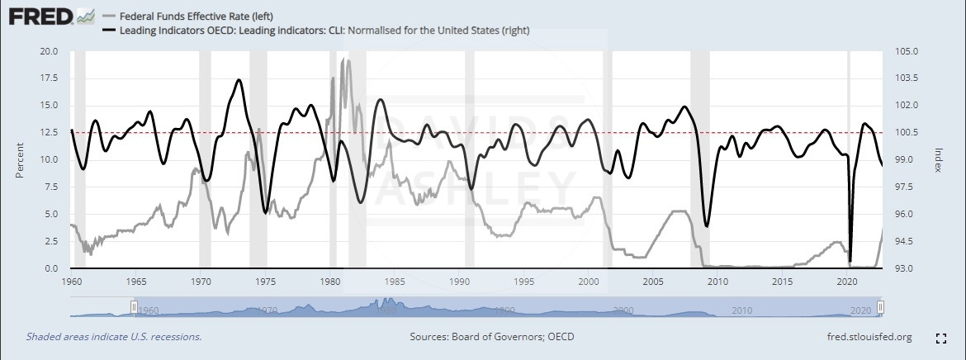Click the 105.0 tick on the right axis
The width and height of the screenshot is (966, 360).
tap(906, 51)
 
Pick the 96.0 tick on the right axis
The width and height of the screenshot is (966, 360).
tap(906, 215)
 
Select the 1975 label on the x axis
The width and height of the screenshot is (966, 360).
tap(266, 282)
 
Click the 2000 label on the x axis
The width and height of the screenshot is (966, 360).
tap(589, 282)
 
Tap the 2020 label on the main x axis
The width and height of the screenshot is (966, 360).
tap(847, 282)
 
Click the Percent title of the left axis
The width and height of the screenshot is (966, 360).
tap(20, 159)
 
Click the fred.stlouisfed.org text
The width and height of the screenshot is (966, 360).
tap(869, 337)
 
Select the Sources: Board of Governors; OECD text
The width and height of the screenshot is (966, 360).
tap(492, 337)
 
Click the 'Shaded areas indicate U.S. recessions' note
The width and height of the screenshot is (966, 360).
tap(114, 337)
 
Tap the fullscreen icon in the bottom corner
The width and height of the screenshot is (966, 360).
tap(940, 338)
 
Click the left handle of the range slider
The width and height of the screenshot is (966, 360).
tap(134, 308)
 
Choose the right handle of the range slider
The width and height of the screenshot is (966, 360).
tap(880, 308)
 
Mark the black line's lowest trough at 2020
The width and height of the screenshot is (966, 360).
tap(850, 261)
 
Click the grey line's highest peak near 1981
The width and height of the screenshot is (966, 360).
tap(343, 60)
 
